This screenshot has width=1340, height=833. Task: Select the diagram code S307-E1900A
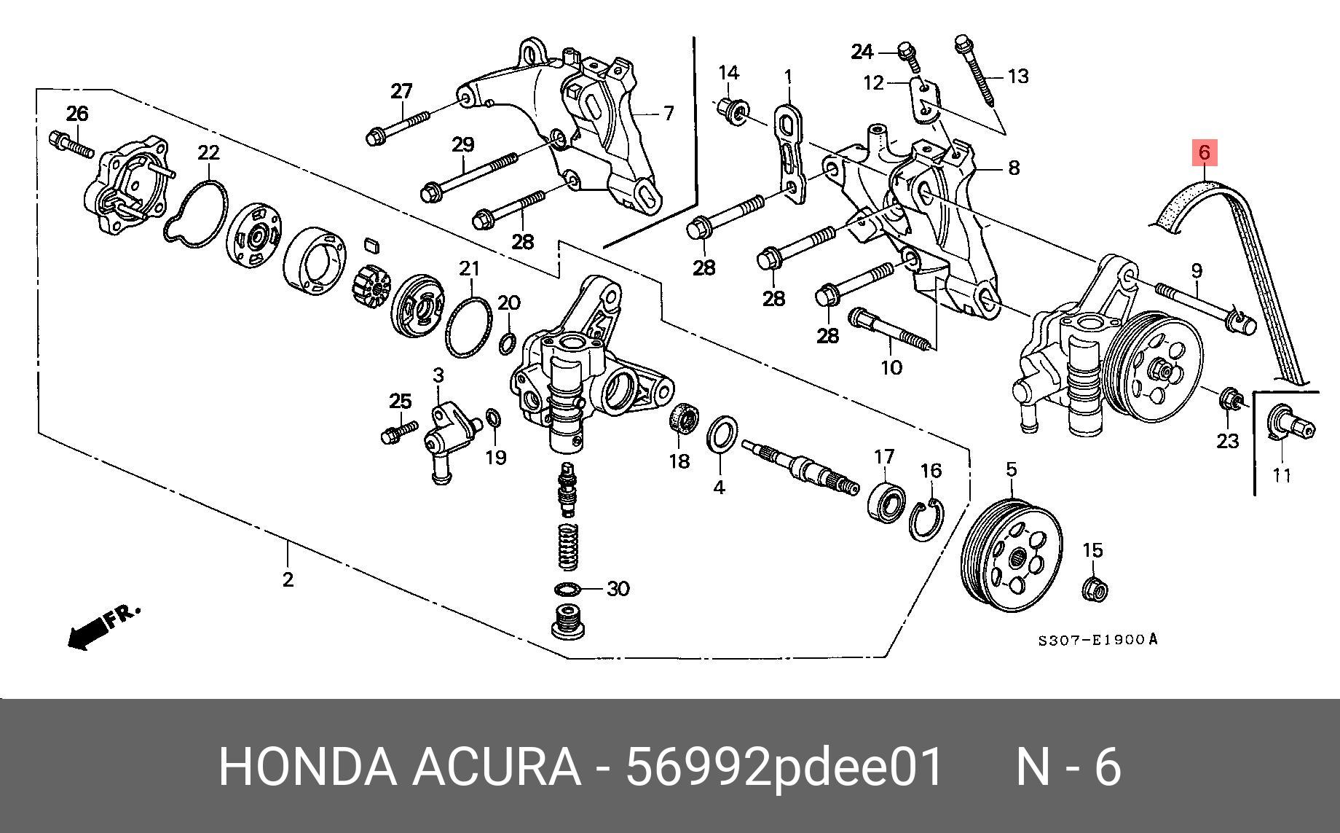pyautogui.click(x=1097, y=641)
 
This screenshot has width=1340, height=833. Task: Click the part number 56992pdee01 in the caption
pyautogui.click(x=785, y=767)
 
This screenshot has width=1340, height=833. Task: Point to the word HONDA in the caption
pyautogui.click(x=307, y=767)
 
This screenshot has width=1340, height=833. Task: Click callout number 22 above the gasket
pyautogui.click(x=208, y=153)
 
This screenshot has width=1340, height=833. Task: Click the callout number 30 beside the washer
pyautogui.click(x=618, y=588)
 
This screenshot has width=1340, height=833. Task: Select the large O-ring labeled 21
pyautogui.click(x=468, y=327)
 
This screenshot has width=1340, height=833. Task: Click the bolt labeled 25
pyautogui.click(x=398, y=431)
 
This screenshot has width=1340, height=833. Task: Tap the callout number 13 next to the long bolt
pyautogui.click(x=1018, y=76)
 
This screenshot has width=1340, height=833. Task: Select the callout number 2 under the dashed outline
pyautogui.click(x=288, y=580)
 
